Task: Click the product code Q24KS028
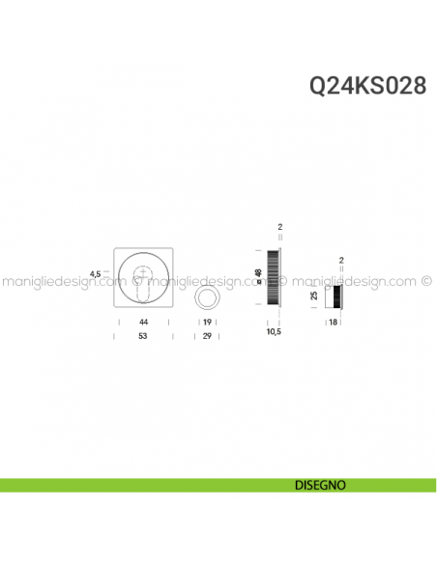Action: [367, 86]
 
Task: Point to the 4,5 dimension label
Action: [95, 274]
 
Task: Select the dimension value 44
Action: [143, 321]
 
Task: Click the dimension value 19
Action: [207, 321]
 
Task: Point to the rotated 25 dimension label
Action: [315, 296]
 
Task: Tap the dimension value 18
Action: [334, 321]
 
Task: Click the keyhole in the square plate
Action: [144, 284]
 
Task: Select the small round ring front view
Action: [207, 296]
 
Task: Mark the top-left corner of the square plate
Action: [116, 249]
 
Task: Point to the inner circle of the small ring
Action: [207, 296]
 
